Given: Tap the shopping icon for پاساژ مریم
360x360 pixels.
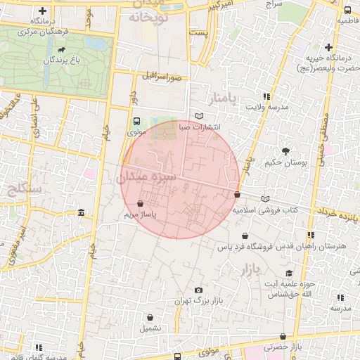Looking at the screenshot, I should click(150, 204).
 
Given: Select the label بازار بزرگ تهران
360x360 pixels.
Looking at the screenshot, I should click(199, 301).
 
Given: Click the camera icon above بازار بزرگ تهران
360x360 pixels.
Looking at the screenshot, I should click(199, 290).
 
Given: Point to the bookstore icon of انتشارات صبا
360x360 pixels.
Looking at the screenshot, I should click(200, 116).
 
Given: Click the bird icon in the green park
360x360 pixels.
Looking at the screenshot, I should click(64, 51).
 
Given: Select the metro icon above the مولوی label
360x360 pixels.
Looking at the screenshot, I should click(137, 121).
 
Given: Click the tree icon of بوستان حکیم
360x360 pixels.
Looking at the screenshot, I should click(285, 151).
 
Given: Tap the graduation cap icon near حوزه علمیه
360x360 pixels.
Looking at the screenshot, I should click(289, 273).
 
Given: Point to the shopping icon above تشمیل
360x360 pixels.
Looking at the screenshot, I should click(150, 316).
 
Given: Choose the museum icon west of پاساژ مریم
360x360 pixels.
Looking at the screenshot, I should click(82, 213).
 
